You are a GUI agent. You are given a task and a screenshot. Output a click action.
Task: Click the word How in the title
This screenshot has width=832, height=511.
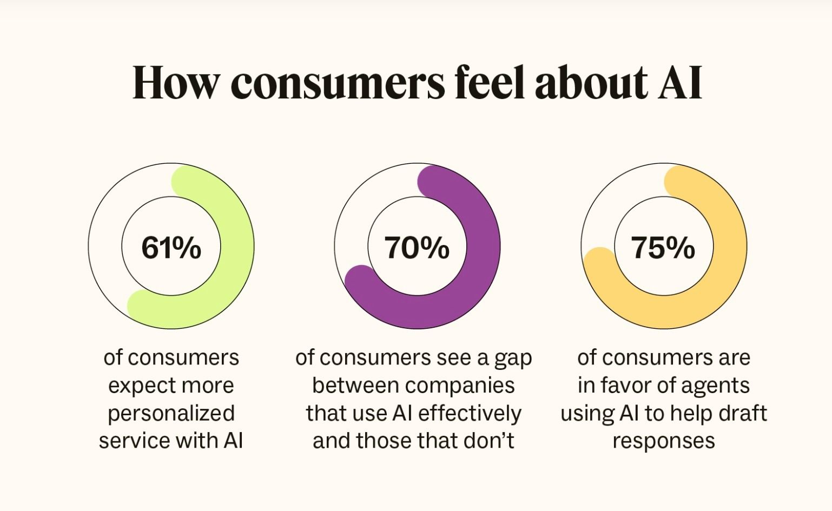(176, 83)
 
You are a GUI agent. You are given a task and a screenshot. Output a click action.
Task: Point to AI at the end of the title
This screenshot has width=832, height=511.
(680, 83)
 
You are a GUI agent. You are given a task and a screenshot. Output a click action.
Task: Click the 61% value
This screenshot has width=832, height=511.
(171, 248)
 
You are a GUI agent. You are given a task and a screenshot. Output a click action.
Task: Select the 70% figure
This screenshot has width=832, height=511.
(417, 248)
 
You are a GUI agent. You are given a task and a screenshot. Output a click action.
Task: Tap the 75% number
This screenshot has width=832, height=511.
(663, 248)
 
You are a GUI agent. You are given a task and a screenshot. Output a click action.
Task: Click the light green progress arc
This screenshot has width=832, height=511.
(237, 246)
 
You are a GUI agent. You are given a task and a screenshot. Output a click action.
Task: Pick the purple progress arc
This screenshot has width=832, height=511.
(483, 246)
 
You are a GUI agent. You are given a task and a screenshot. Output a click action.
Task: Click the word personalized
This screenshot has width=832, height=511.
(171, 414)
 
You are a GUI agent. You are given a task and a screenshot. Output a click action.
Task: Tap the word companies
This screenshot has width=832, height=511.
(460, 386)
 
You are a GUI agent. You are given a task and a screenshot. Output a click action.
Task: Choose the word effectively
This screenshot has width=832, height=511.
(470, 413)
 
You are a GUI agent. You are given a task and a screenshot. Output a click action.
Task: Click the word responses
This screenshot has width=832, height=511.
(664, 441)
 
